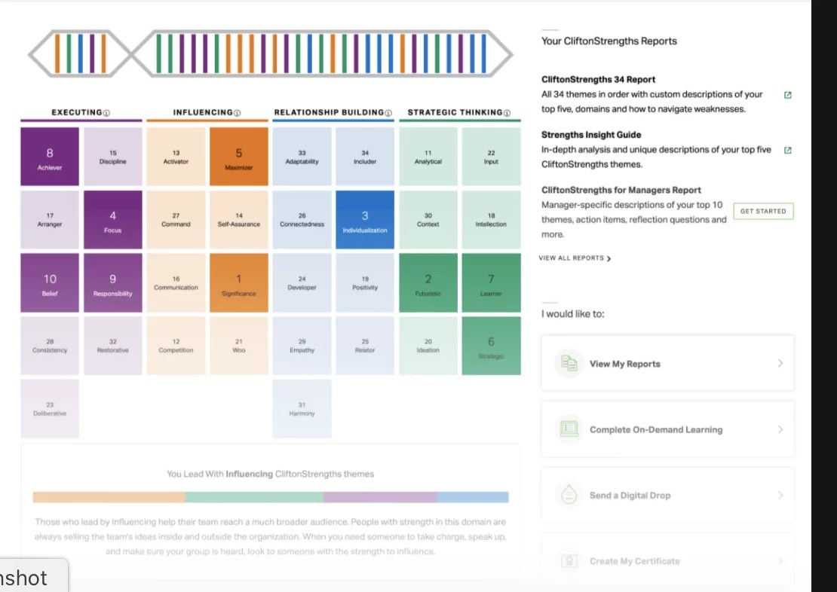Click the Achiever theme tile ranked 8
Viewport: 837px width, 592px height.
click(50, 157)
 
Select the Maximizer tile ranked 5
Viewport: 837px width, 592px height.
click(239, 157)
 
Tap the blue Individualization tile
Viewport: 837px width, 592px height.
click(365, 220)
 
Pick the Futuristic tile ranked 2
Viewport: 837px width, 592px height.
click(428, 283)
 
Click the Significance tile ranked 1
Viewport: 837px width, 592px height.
click(239, 283)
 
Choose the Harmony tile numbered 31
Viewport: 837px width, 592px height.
click(302, 409)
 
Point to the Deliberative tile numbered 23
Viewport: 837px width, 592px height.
click(50, 409)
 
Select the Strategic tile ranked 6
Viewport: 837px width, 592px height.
click(491, 346)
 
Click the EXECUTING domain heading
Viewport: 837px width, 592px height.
click(76, 113)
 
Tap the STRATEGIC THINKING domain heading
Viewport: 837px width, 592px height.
click(455, 113)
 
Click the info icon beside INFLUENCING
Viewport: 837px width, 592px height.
click(237, 114)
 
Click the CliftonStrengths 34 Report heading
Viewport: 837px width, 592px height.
click(598, 79)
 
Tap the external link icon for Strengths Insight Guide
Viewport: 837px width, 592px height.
click(788, 150)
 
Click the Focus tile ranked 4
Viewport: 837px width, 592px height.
click(113, 220)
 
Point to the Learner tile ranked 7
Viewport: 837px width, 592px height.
click(491, 283)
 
